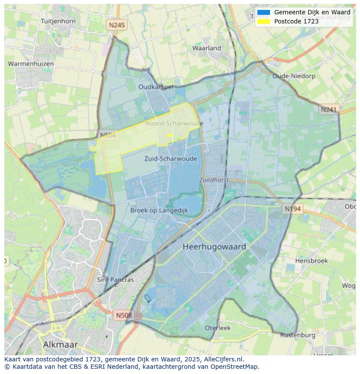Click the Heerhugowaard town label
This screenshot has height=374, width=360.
tap(214, 247)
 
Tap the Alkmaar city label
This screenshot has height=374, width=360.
tap(60, 344)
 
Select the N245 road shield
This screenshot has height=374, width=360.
tap(117, 25)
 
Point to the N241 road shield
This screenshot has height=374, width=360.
tap(329, 110)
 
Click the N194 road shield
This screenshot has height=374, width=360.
tap(293, 209)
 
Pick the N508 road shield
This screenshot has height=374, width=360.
tap(124, 315)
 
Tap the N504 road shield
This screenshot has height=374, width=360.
tap(108, 136)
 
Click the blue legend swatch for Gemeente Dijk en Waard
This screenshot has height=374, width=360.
tap(263, 13)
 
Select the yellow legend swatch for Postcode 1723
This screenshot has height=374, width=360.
tap(263, 21)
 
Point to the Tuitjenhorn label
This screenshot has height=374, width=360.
tap(58, 21)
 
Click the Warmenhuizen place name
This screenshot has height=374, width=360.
tap(31, 64)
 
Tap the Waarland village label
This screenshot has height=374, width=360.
tap(207, 48)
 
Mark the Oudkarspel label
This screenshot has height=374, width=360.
tap(156, 87)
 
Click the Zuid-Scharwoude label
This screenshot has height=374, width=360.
tap(170, 159)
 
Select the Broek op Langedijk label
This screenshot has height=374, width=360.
tap(159, 210)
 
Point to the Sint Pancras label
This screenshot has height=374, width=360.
tap(115, 280)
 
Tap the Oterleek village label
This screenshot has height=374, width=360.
tap(218, 328)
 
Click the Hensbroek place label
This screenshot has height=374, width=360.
tap(311, 261)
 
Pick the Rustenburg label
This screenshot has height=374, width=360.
tap(297, 335)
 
